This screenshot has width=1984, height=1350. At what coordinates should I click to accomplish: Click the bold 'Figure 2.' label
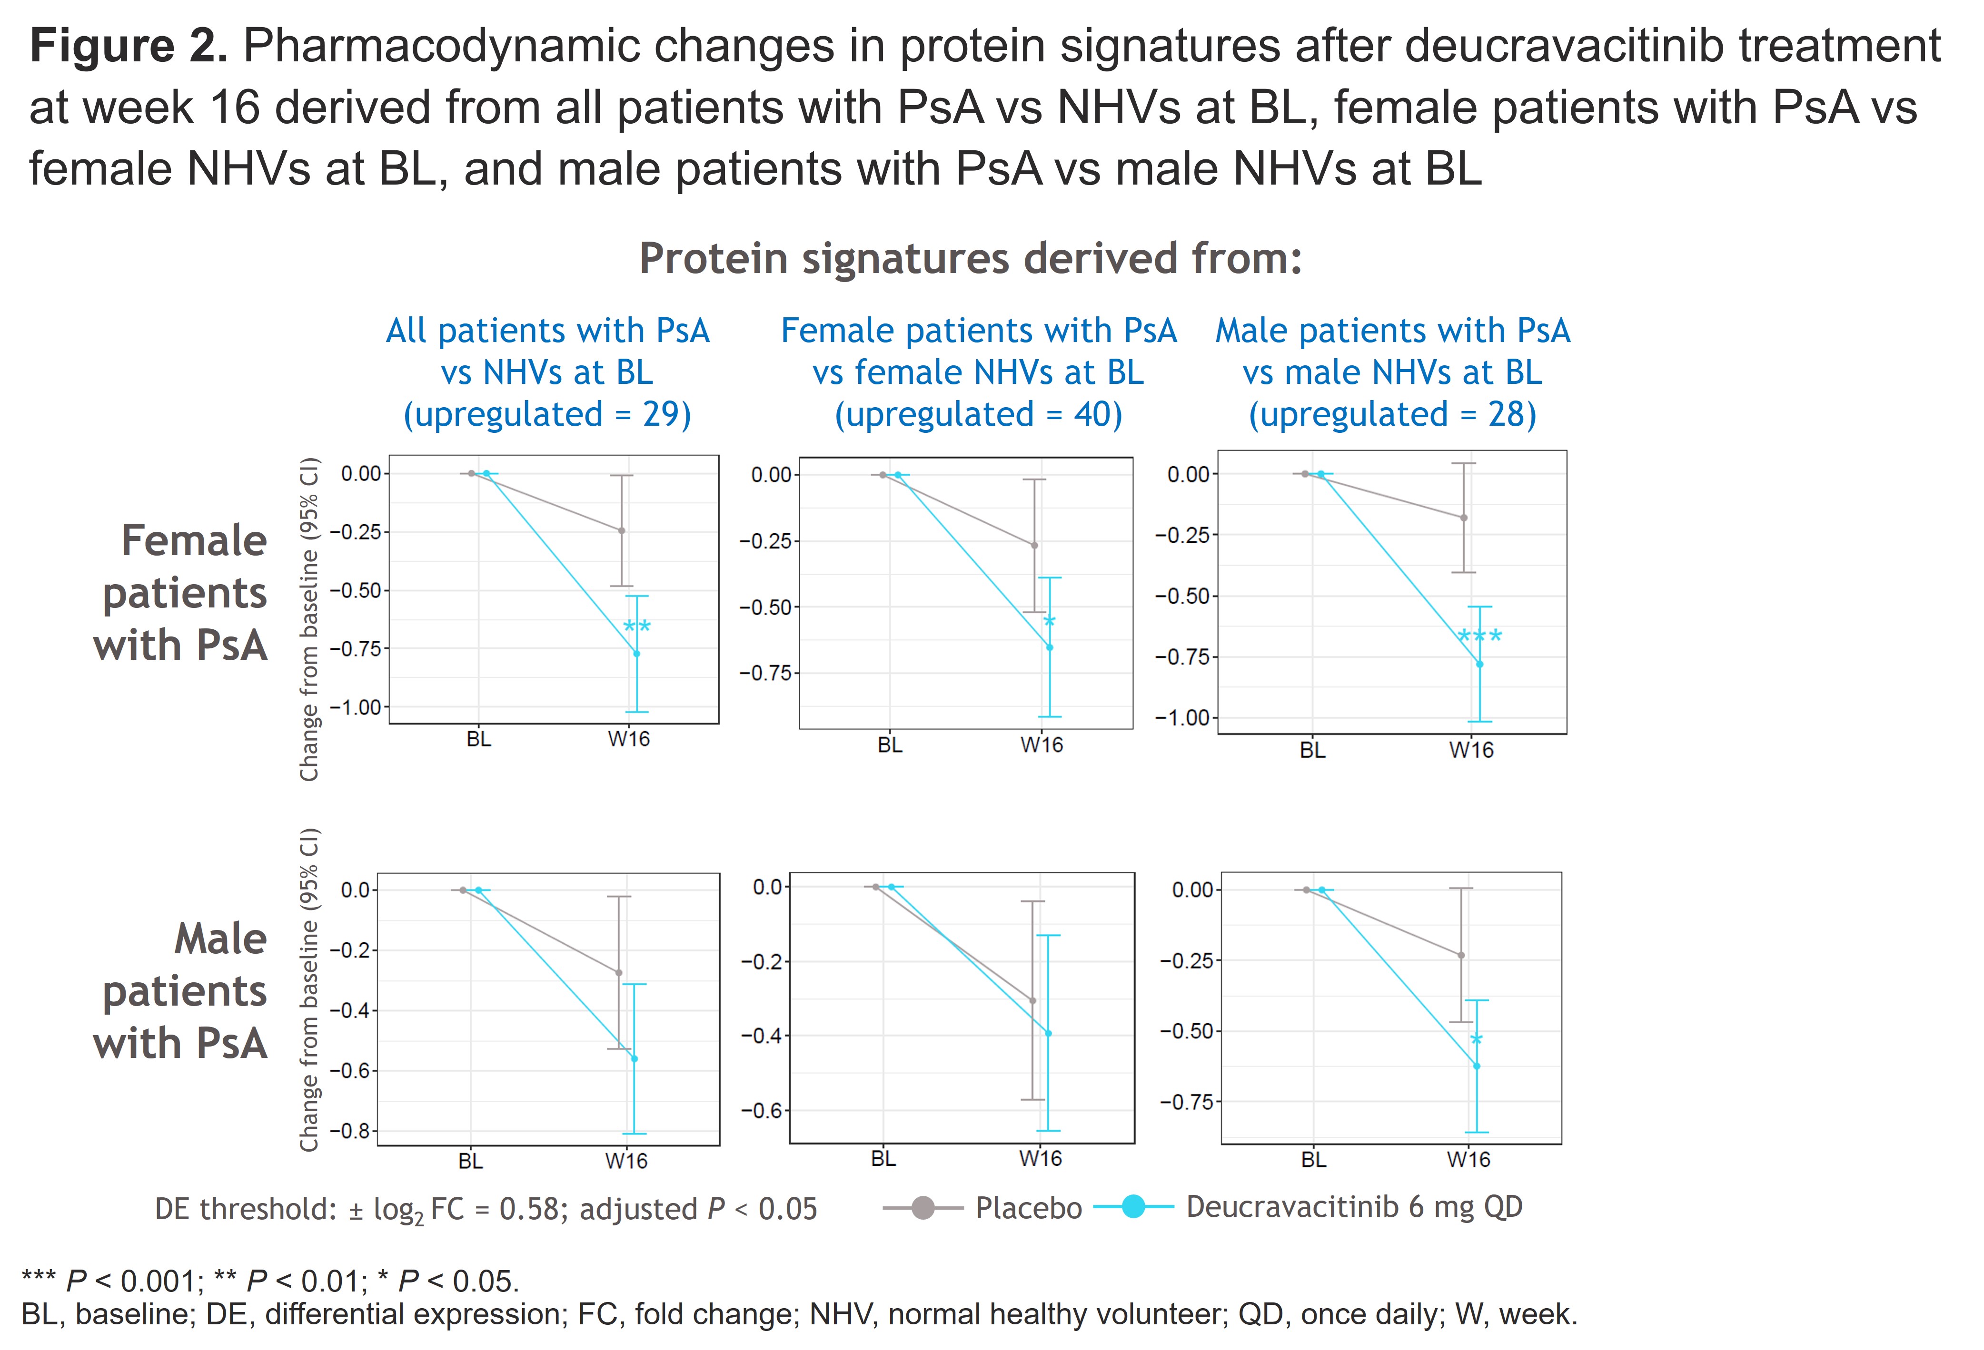click(x=128, y=46)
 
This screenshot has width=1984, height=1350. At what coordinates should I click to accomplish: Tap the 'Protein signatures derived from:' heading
click(x=971, y=259)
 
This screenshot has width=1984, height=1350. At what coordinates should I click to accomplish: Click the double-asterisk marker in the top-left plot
click(x=637, y=628)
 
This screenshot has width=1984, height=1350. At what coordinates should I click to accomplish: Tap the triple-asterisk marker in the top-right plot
click(x=1479, y=636)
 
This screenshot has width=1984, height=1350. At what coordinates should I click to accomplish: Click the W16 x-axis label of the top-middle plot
click(x=1042, y=745)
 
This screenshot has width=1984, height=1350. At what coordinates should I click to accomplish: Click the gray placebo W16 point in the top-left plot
click(x=622, y=531)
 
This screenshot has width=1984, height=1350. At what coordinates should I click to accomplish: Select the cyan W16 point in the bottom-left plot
click(x=635, y=1059)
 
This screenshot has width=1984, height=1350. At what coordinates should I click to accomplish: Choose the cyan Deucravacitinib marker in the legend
click(x=1133, y=1207)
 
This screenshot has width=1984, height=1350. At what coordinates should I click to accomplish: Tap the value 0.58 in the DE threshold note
click(x=526, y=1209)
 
